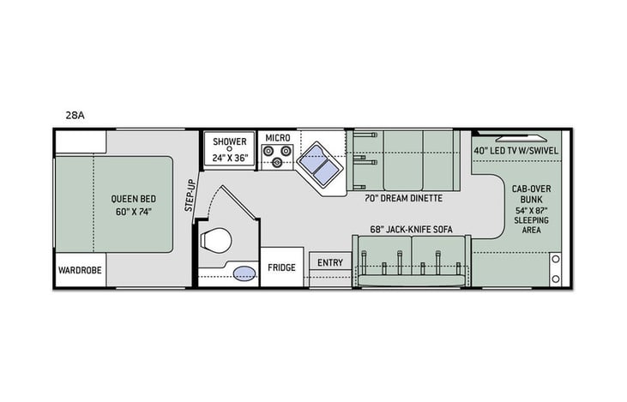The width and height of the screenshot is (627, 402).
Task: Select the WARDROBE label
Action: (80, 269)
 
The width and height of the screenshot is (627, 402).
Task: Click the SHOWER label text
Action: (230, 141)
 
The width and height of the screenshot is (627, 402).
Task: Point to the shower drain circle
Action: (230, 149)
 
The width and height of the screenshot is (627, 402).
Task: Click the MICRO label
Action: (277, 137)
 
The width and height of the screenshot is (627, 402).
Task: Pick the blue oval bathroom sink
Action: (244, 273)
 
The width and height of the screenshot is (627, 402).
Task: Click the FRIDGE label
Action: (281, 267)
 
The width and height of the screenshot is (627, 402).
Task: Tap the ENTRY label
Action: (330, 263)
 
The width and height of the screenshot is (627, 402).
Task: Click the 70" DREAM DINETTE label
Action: (403, 198)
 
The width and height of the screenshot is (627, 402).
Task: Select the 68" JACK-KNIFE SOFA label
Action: (410, 229)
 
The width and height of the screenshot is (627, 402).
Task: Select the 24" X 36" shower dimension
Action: (230, 158)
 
